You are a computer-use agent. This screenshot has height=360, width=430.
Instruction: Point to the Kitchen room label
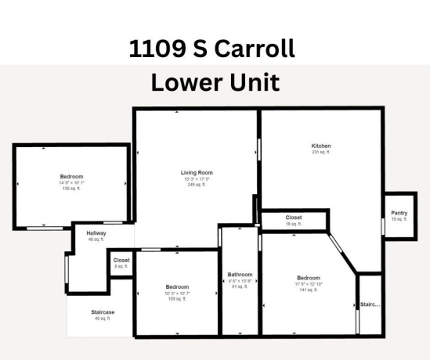(321, 146)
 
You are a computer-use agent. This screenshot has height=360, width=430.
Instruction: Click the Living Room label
(197, 172)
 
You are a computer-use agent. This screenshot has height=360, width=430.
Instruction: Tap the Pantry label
(399, 213)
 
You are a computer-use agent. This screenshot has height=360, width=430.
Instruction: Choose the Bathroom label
(240, 275)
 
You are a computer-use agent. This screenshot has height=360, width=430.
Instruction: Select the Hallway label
(96, 233)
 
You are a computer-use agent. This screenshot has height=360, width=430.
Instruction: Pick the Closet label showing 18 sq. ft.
(294, 218)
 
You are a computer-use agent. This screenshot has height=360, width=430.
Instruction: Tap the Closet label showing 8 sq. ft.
(121, 260)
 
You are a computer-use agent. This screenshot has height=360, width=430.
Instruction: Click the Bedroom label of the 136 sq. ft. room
(71, 176)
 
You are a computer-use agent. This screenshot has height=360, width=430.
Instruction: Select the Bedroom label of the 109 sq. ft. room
(177, 286)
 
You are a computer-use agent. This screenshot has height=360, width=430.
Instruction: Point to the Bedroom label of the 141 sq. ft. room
(308, 278)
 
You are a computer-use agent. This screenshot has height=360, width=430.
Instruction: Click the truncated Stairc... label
(370, 304)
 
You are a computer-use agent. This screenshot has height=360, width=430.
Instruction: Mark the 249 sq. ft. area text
(196, 185)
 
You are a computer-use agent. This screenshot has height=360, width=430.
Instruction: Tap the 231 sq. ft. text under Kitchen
(321, 152)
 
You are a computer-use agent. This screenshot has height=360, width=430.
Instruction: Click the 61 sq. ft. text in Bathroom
(240, 286)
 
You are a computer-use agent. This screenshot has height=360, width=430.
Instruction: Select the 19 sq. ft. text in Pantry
(399, 219)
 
